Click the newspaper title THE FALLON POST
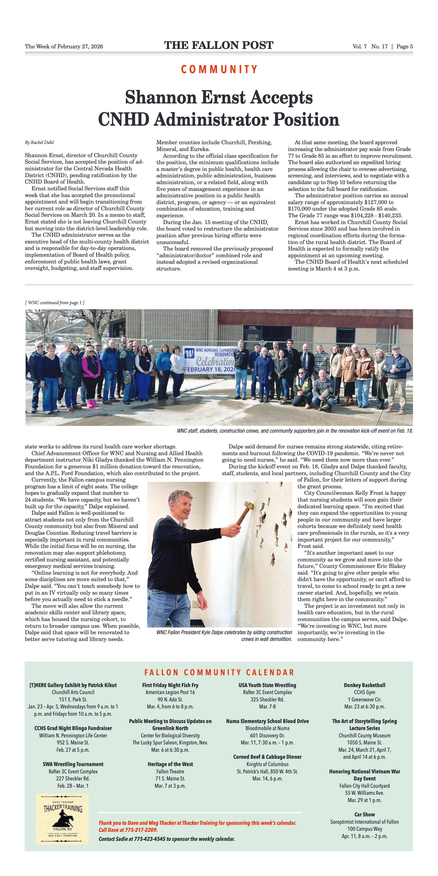(219, 45)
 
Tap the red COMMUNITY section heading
(219, 69)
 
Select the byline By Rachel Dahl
(39, 142)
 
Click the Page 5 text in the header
(405, 47)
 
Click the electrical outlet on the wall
(196, 604)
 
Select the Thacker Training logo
(62, 819)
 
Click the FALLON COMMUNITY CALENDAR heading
(219, 672)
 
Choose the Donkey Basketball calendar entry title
(364, 685)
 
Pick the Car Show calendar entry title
(364, 814)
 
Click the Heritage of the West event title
(170, 764)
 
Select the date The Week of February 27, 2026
(64, 47)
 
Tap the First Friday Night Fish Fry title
(170, 685)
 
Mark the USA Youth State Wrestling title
(267, 685)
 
